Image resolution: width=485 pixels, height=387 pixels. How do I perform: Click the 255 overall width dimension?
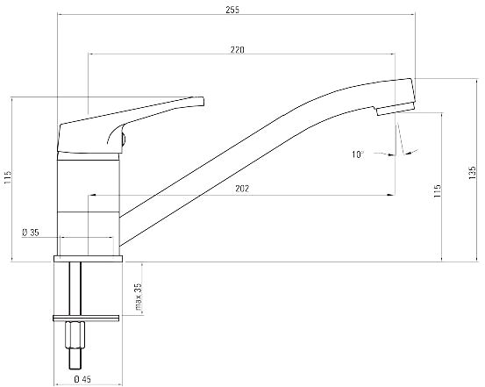232,10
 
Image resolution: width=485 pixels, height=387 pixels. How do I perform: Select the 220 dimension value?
238,49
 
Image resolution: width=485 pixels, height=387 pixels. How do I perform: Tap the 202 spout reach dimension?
242,189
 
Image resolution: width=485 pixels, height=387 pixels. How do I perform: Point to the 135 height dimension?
473,174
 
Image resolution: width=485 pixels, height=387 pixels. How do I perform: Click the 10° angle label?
357,154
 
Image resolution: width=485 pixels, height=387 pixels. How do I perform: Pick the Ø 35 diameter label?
31,233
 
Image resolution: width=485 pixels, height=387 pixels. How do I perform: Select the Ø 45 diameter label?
82,379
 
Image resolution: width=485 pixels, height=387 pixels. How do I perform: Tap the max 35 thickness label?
139,297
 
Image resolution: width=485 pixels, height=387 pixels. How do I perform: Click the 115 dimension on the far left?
8,178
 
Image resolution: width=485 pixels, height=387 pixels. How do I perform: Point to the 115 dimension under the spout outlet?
437,191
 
